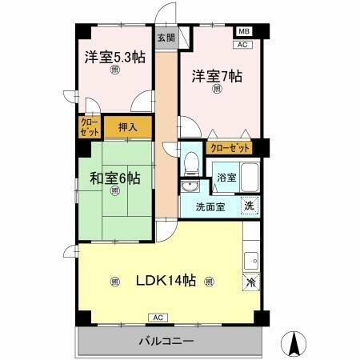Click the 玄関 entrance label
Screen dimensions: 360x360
point(165,38)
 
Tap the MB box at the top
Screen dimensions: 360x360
point(244,32)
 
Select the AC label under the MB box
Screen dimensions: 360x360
point(244,44)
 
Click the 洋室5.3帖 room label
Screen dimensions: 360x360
point(115,58)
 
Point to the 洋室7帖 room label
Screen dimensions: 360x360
point(216,77)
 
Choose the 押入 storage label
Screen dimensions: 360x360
point(127,126)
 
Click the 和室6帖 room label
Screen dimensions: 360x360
point(115,178)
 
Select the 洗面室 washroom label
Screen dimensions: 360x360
point(211,207)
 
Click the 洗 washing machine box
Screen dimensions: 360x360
point(250,205)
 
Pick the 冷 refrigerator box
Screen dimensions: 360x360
point(250,282)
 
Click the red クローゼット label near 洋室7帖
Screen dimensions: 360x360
point(229,148)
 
